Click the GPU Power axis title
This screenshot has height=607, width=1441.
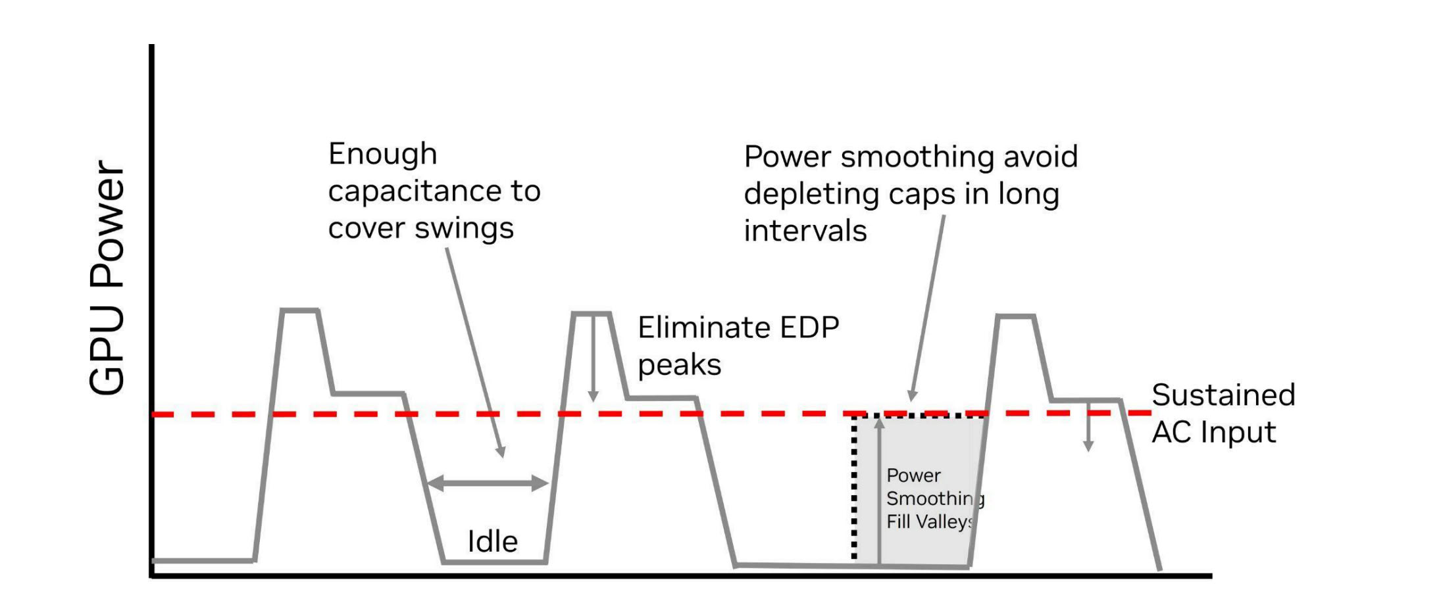[107, 278]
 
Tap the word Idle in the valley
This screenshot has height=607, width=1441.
[492, 541]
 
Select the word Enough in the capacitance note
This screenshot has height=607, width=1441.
[382, 155]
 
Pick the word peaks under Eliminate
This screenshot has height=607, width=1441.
[680, 366]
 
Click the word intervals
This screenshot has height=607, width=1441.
[805, 231]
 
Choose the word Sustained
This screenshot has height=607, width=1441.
[1223, 395]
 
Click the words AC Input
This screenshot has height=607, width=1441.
[1214, 433]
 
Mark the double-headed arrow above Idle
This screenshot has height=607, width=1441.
[488, 483]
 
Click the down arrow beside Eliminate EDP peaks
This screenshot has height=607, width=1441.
[593, 358]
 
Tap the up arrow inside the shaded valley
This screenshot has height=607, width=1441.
[879, 490]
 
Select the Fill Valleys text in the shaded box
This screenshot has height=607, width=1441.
[930, 522]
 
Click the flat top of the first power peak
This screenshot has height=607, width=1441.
[300, 310]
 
